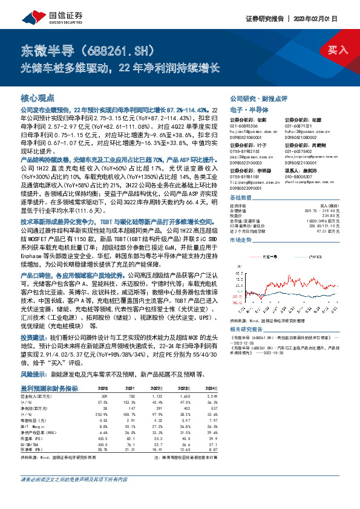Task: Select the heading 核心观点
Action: [38, 97]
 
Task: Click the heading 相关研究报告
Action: [248, 329]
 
